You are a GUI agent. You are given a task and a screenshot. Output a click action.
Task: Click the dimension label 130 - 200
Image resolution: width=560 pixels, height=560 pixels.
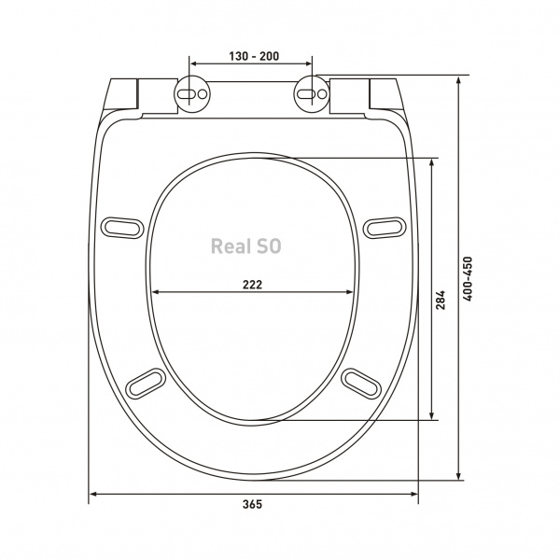click(x=254, y=56)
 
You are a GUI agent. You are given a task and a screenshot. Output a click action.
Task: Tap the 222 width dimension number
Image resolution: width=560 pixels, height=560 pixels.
click(x=253, y=285)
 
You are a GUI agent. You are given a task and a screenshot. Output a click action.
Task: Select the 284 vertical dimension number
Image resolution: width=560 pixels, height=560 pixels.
click(x=441, y=300)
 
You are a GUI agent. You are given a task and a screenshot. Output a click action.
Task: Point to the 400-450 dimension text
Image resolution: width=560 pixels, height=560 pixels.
click(x=468, y=278)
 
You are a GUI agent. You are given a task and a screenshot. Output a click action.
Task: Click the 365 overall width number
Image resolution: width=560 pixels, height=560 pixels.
click(x=253, y=505)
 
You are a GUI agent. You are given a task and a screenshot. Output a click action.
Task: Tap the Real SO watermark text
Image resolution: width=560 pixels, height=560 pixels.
click(x=246, y=246)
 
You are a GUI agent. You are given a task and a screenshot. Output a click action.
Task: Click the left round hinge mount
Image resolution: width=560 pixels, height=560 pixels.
click(x=192, y=94)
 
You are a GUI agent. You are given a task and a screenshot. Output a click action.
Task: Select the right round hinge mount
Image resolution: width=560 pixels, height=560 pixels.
click(x=312, y=94)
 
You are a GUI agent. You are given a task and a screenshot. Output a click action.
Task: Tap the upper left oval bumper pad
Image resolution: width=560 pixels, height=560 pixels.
click(x=122, y=228)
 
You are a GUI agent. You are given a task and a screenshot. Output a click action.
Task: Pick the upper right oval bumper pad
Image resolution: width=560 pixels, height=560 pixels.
click(x=385, y=228)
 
